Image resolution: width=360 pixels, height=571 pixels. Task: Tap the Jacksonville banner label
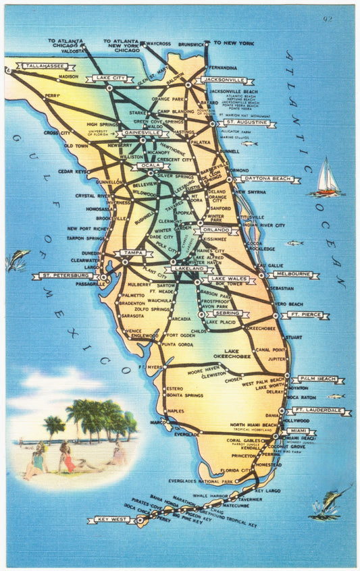pos(224,80)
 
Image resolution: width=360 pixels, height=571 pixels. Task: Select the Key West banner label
pos(111,520)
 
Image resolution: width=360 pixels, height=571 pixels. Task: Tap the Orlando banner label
pos(215,230)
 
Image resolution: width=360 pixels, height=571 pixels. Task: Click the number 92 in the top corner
pos(328,19)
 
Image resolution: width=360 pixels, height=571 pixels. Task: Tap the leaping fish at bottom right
pos(327,505)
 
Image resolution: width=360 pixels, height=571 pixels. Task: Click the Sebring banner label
pos(227,314)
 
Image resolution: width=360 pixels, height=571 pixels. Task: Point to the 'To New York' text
pos(234,43)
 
